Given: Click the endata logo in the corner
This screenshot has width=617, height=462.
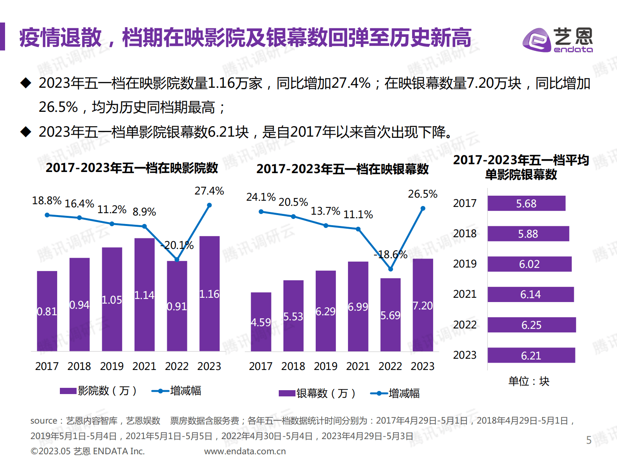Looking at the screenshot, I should [557, 39].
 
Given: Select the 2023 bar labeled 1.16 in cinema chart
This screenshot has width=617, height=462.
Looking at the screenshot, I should [209, 294].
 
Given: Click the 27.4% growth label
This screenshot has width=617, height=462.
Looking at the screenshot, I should [209, 191].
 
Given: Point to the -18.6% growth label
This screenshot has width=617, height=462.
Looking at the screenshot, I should [390, 255].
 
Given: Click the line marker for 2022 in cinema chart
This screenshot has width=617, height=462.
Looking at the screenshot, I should [177, 259].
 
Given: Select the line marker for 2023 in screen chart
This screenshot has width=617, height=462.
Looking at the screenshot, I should [423, 208].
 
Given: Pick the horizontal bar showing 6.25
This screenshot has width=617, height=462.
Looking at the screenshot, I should [531, 325].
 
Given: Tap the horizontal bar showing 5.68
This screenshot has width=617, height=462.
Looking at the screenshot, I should [526, 203].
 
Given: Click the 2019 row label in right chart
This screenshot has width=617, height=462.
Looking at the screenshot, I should [465, 264].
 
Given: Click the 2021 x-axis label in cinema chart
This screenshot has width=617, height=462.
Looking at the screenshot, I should [144, 366].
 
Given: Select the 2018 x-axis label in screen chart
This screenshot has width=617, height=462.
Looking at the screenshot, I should [293, 366].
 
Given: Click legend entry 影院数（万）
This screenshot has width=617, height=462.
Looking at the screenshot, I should [99, 391].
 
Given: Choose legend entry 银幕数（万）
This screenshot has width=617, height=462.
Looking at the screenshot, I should [318, 393].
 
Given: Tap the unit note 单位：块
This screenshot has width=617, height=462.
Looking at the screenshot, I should [529, 381].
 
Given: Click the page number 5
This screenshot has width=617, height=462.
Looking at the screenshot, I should [589, 440].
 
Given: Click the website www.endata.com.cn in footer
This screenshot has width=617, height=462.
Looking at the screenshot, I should [245, 451].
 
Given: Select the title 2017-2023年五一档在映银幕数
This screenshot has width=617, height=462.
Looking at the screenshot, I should [342, 169].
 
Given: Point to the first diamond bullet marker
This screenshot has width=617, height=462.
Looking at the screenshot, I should [26, 83].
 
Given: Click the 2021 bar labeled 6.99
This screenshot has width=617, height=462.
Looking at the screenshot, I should [358, 306].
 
